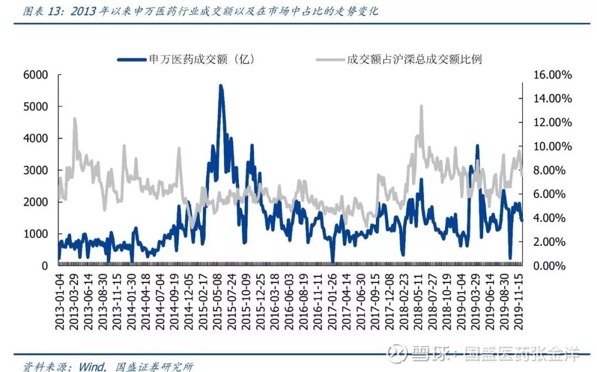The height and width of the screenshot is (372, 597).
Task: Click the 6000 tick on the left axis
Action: click(36, 75)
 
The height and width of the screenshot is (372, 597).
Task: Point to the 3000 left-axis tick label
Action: click(36, 170)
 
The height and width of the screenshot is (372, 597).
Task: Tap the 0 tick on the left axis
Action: click(45, 266)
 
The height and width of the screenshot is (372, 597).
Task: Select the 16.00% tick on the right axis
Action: click(552, 75)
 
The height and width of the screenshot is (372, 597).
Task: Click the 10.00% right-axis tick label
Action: click(552, 146)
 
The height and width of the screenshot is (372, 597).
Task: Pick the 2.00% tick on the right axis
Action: click(549, 242)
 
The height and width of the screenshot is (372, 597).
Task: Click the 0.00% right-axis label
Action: click(549, 266)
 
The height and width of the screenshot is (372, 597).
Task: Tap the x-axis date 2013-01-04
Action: click(60, 302)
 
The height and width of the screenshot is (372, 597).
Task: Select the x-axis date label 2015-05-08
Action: click(217, 302)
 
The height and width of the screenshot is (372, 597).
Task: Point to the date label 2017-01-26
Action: click(332, 302)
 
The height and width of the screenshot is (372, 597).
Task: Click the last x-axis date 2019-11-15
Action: click(518, 302)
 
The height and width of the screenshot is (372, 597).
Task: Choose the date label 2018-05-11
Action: click(418, 302)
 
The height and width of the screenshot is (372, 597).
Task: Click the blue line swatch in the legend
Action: click(132, 59)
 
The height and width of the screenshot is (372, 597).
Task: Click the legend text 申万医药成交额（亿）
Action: click(201, 59)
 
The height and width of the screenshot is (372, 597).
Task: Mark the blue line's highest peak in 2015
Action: click(221, 85)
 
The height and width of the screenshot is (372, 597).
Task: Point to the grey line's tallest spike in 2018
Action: click(421, 106)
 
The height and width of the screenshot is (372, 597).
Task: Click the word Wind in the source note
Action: click(92, 366)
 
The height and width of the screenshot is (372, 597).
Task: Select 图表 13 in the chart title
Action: click(43, 11)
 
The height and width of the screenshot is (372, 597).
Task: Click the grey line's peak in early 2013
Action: click(75, 118)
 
